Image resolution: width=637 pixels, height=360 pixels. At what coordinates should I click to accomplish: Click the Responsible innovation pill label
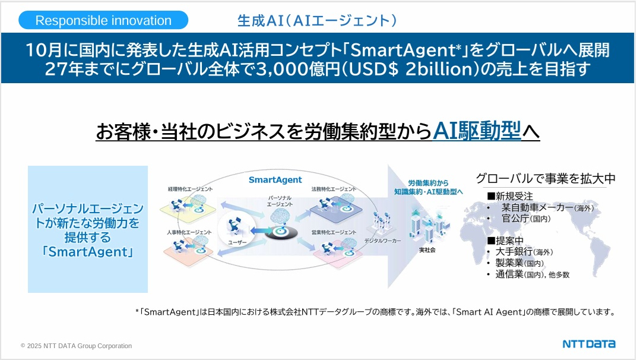pyautogui.click(x=103, y=20)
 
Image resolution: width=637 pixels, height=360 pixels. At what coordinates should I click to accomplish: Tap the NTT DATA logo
pyautogui.click(x=589, y=344)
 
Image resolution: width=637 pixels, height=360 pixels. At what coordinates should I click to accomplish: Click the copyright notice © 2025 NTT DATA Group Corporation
pyautogui.click(x=76, y=346)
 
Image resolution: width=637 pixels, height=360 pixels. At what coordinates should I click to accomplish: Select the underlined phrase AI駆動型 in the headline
pyautogui.click(x=477, y=130)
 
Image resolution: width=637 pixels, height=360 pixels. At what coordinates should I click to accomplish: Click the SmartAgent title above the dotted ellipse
pyautogui.click(x=275, y=179)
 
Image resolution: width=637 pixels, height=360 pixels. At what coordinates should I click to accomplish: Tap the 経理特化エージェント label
pyautogui.click(x=190, y=189)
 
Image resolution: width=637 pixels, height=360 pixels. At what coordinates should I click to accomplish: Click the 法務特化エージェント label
pyautogui.click(x=334, y=189)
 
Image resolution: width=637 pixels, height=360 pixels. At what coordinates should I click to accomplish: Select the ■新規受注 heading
pyautogui.click(x=510, y=195)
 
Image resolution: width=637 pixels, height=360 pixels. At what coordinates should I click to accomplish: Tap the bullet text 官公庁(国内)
pyautogui.click(x=526, y=219)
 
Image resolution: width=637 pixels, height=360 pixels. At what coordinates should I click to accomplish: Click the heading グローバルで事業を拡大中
pyautogui.click(x=546, y=178)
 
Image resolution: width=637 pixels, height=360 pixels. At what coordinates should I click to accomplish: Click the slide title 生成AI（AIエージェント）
pyautogui.click(x=316, y=21)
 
